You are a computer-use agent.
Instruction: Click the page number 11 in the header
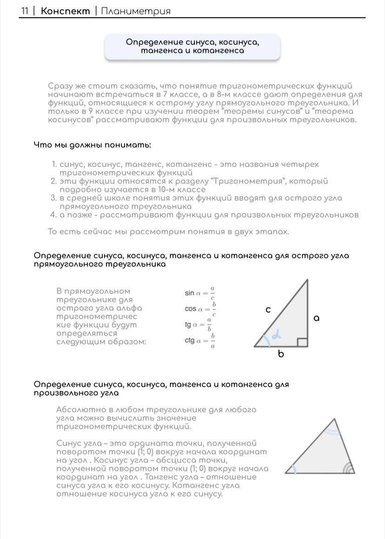(25, 11)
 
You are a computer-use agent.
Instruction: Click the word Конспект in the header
(65, 11)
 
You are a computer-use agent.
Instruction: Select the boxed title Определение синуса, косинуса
(192, 47)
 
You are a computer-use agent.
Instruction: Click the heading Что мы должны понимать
(92, 145)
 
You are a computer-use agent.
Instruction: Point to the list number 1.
(53, 165)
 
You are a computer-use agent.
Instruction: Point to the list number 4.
(53, 215)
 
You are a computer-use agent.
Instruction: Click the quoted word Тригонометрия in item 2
(240, 181)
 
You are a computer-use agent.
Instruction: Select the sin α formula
(199, 293)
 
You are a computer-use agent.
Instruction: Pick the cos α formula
(200, 309)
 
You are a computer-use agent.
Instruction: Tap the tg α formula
(199, 325)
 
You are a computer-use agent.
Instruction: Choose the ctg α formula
(199, 341)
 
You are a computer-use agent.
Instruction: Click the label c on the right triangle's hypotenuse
(268, 309)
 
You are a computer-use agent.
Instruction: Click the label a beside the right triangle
(317, 319)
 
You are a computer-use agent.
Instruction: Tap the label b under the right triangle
(281, 354)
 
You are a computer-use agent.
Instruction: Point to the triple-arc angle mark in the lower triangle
(346, 468)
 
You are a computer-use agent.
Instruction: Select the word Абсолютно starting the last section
(76, 410)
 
